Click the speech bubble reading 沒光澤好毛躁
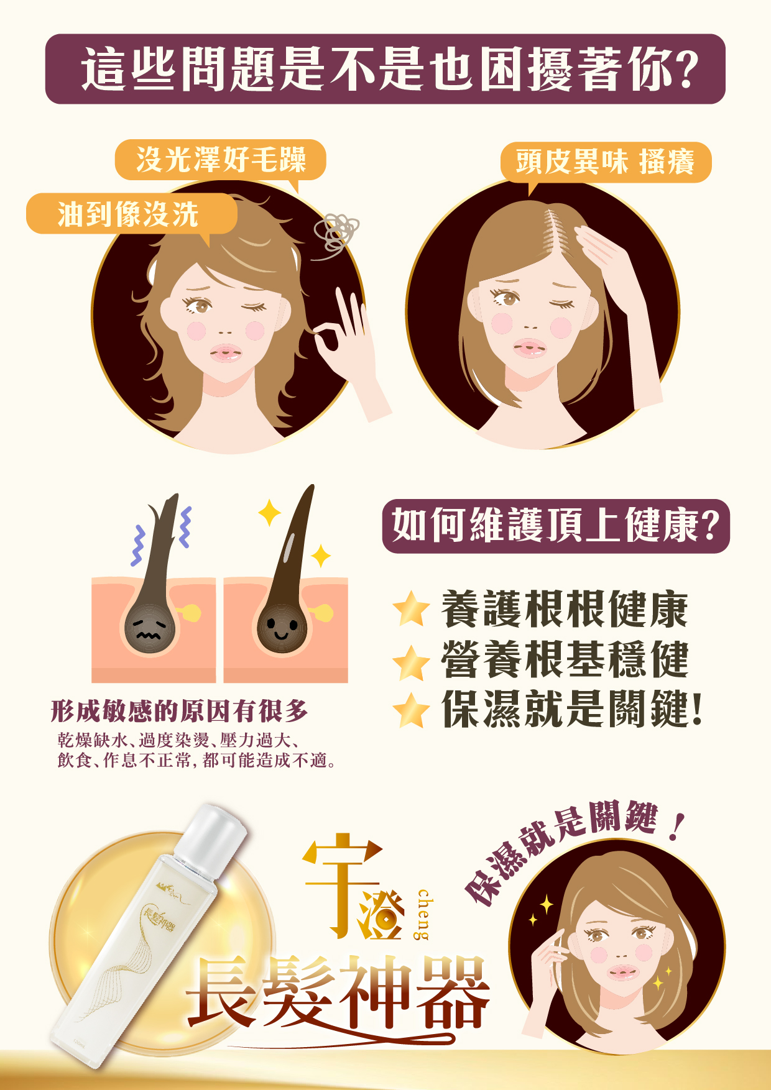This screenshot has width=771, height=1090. point(221,160)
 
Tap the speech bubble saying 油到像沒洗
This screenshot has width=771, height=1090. point(131,214)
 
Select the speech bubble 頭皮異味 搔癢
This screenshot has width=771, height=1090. point(605,163)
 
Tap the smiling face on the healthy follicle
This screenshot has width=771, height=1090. point(281,628)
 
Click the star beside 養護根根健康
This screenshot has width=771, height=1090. point(411,609)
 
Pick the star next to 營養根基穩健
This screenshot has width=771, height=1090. point(411,662)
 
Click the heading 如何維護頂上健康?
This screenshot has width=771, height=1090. point(555,526)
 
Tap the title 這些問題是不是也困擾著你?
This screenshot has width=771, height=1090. point(386,69)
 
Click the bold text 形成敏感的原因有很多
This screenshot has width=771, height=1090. point(179,711)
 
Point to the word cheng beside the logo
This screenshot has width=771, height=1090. point(423,914)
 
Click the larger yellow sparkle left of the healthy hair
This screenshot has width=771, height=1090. point(269,513)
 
